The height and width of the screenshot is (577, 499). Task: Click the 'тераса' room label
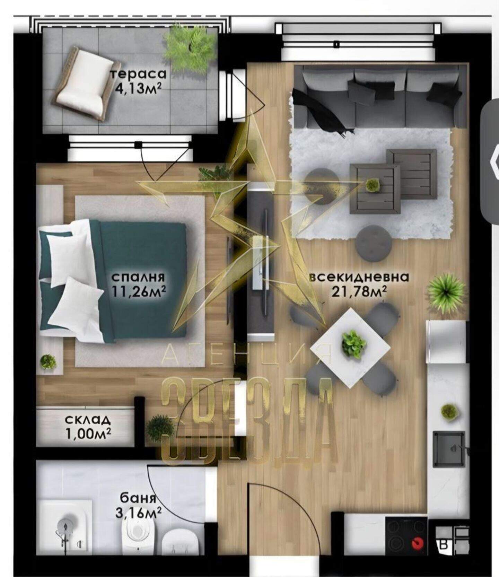[x=138, y=74]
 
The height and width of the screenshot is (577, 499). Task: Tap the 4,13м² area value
[x=138, y=89]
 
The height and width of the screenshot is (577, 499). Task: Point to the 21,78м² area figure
[x=359, y=292]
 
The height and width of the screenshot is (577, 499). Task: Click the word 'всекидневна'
[x=359, y=277]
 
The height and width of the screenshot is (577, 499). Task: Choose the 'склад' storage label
[x=88, y=420]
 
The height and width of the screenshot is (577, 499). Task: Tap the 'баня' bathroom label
[x=138, y=499]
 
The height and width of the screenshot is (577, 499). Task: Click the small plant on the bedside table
[x=48, y=362]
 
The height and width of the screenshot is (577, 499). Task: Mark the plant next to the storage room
[x=160, y=427]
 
